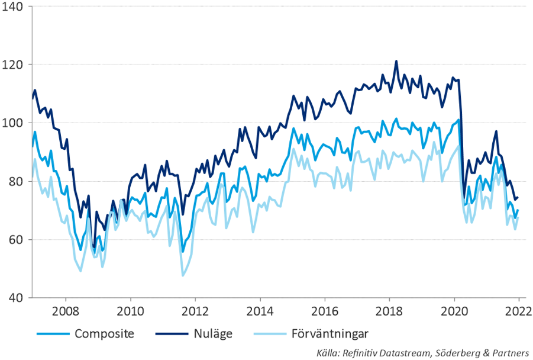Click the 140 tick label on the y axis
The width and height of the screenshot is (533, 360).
tap(12, 7)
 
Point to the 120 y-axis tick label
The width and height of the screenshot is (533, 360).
tap(12, 65)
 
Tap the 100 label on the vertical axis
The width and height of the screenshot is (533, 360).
tap(12, 123)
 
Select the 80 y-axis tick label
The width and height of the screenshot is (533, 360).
tap(15, 181)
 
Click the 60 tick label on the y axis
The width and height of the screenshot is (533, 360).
tap(15, 240)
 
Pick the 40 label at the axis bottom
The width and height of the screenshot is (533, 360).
tap(15, 298)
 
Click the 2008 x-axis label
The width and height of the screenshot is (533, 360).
tap(65, 311)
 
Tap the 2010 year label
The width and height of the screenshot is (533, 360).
tap(130, 311)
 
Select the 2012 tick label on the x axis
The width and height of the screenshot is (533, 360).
tap(195, 311)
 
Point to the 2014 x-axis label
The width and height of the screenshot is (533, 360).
tap(260, 311)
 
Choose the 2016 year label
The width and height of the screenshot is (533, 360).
tap(325, 311)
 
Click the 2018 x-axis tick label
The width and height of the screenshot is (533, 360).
tap(390, 311)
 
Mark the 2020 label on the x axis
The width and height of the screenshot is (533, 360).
tap(454, 311)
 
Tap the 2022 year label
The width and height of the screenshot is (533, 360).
tap(518, 311)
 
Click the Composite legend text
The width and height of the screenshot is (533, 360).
tap(104, 334)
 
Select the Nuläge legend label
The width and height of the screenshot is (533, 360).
tap(213, 334)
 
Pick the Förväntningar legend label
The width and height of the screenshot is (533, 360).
tap(330, 334)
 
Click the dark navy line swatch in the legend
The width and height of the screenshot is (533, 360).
tap(172, 334)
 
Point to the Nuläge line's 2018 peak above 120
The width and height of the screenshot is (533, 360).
tap(396, 61)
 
